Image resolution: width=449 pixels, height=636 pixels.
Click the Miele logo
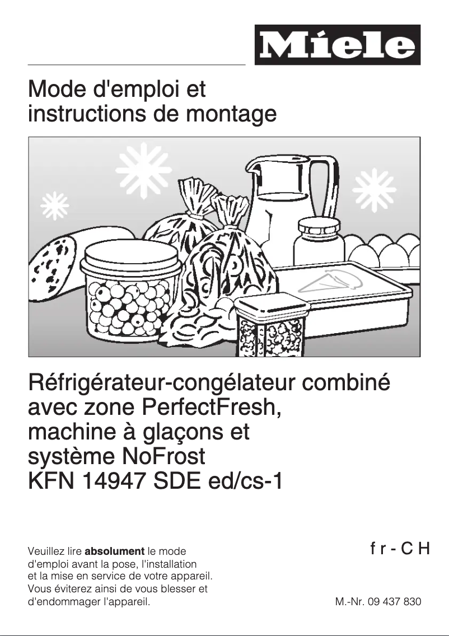tap(337, 45)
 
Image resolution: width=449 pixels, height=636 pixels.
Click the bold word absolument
tap(114, 551)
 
